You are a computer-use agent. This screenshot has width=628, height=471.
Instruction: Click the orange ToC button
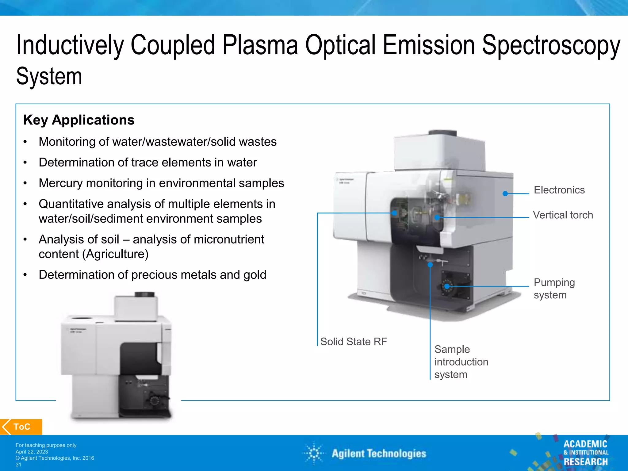click(x=21, y=427)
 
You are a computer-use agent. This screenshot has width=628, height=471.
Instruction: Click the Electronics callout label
click(x=559, y=190)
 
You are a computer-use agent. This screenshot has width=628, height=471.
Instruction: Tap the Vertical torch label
click(x=563, y=215)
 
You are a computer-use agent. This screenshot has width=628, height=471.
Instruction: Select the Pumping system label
click(x=554, y=289)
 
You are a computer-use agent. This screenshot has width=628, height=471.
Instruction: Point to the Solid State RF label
click(x=354, y=342)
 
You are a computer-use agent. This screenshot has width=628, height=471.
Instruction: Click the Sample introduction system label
click(x=461, y=362)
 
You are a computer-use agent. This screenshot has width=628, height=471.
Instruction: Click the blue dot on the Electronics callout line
click(x=505, y=193)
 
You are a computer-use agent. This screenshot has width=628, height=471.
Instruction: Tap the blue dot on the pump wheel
click(x=447, y=286)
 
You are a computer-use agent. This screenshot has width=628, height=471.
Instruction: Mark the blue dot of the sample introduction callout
click(x=430, y=264)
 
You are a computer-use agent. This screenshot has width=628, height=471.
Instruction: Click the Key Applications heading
click(x=79, y=120)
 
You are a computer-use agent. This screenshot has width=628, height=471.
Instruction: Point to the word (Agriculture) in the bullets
click(x=115, y=254)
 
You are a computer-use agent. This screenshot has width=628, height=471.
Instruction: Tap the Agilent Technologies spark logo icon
click(x=314, y=453)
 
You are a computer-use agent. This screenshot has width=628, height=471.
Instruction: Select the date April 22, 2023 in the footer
click(x=32, y=452)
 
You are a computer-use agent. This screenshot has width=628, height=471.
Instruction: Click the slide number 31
click(x=18, y=465)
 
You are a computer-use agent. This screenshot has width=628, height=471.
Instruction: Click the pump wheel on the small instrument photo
click(x=154, y=400)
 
